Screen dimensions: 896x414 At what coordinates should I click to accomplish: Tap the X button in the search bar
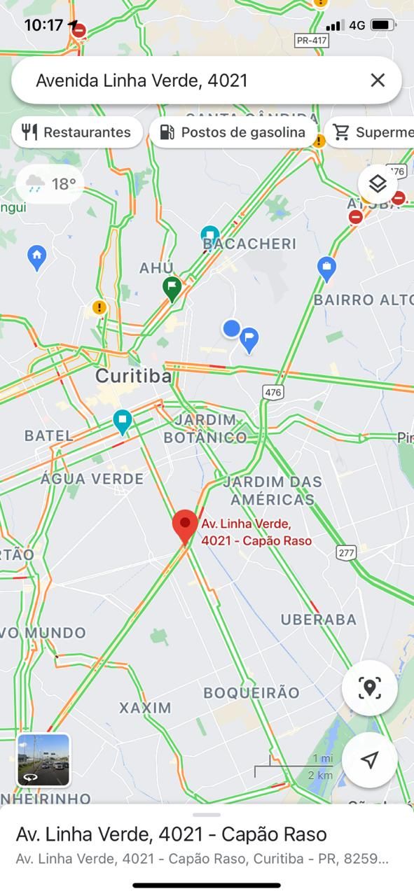pyautogui.click(x=378, y=80)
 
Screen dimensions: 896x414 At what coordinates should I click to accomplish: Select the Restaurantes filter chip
pyautogui.click(x=77, y=132)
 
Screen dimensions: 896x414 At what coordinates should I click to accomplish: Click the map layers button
pyautogui.click(x=378, y=184)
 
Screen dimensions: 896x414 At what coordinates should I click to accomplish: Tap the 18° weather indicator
pyautogui.click(x=50, y=184)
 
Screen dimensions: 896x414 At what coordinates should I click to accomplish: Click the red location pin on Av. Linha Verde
pyautogui.click(x=186, y=526)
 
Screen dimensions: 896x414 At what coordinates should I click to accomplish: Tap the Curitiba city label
pyautogui.click(x=133, y=376)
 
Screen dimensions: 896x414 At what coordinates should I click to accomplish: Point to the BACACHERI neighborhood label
pyautogui.click(x=249, y=244)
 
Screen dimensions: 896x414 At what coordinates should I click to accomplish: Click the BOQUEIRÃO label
pyautogui.click(x=251, y=693)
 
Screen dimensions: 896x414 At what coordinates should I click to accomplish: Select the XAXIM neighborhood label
pyautogui.click(x=145, y=708)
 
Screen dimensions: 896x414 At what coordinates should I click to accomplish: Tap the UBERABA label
pyautogui.click(x=319, y=619)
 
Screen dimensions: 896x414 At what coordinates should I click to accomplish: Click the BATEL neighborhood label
pyautogui.click(x=48, y=435)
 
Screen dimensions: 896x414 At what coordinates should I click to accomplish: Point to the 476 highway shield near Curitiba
pyautogui.click(x=272, y=393)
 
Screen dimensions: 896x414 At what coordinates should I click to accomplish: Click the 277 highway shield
pyautogui.click(x=346, y=553)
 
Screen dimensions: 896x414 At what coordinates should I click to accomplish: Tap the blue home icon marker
pyautogui.click(x=37, y=257)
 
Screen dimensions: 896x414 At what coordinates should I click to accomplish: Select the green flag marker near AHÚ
pyautogui.click(x=172, y=287)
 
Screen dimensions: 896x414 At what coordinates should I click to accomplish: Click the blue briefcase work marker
pyautogui.click(x=326, y=267)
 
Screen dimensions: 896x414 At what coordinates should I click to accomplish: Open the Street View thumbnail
pyautogui.click(x=43, y=760)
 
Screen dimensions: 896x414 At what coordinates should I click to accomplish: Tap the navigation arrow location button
pyautogui.click(x=370, y=760)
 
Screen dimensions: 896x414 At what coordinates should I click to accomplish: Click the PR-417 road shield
pyautogui.click(x=312, y=41)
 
